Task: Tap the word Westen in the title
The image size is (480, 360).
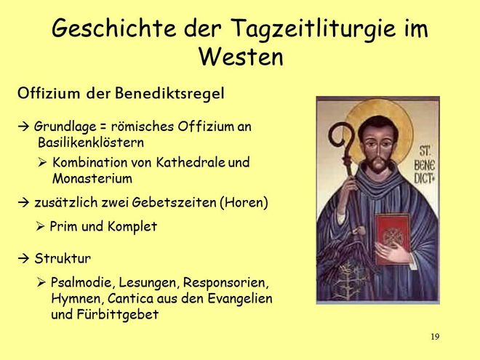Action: point(241,57)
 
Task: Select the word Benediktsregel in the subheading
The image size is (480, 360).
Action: point(169,93)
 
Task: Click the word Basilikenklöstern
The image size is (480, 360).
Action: point(91,143)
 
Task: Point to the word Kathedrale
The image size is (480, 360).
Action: point(191,162)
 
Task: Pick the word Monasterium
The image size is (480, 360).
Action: point(92,178)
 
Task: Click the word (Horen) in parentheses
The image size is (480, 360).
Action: point(244,202)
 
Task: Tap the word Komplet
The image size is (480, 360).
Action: point(132,227)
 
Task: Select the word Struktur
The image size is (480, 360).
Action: point(63,258)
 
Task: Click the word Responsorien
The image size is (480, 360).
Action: point(226,283)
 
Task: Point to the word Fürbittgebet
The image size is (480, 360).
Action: point(118,314)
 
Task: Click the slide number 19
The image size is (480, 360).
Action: point(435,337)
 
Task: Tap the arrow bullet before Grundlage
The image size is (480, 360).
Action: point(23,127)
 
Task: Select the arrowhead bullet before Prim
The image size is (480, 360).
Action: point(40,226)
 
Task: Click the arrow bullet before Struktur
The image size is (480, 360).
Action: point(23,259)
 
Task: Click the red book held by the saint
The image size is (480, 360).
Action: point(393,238)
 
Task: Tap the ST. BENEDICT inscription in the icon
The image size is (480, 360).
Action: point(425,165)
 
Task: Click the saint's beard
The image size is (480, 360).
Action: point(379,164)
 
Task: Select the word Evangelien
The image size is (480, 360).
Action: point(240,298)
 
